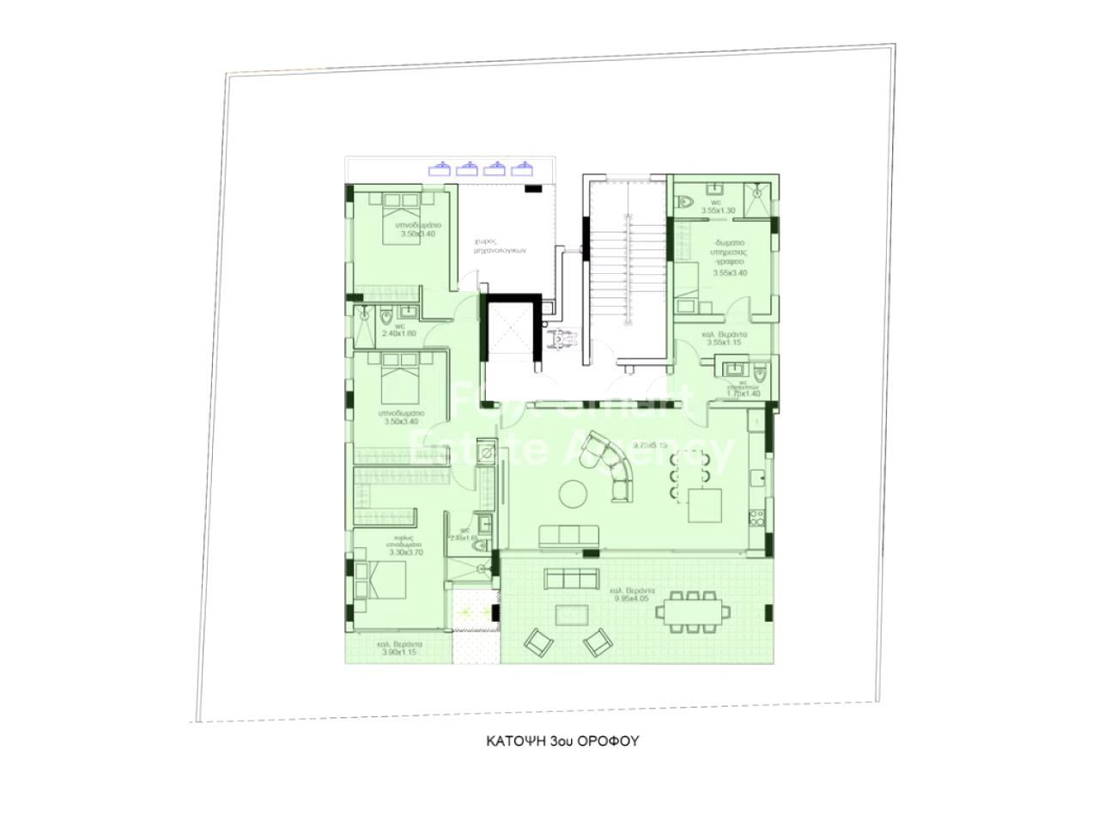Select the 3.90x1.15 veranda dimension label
coord(398,652)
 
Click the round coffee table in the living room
coord(573,493)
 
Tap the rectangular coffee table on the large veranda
coord(572,613)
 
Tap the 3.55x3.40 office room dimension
coord(731,273)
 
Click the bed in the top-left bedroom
coord(400,207)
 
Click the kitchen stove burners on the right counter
coord(757,518)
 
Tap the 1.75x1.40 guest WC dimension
coord(744,394)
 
